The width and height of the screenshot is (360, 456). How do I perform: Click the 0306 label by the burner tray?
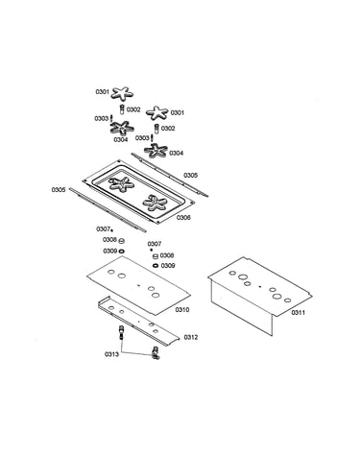point(183,218)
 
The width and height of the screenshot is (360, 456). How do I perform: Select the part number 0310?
point(182,310)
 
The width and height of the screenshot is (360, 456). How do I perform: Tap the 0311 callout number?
point(298,313)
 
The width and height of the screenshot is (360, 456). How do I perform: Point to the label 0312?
point(191,337)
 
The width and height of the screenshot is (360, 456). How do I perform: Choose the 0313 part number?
point(111,354)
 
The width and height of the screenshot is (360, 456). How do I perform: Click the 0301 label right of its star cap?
point(178,112)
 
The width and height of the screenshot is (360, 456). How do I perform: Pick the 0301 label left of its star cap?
point(103,92)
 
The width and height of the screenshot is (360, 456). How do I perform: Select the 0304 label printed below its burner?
point(121,140)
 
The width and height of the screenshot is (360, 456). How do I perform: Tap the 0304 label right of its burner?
point(177,154)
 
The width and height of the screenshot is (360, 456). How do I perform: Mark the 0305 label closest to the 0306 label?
point(190,176)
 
